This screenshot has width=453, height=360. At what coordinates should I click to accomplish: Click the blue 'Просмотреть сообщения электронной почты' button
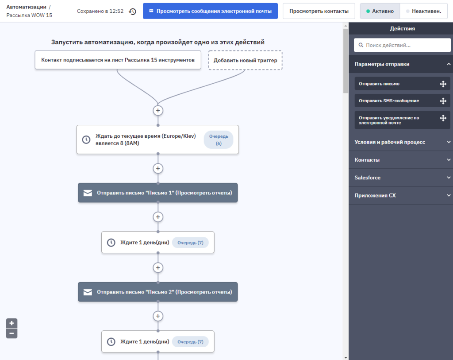(210, 11)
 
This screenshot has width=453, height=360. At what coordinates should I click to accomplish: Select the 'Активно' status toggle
(380, 11)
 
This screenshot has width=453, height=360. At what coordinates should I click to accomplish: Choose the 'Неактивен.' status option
(423, 11)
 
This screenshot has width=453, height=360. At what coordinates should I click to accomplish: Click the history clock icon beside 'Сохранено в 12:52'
(133, 11)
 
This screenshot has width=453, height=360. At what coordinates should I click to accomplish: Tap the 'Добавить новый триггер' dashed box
(245, 60)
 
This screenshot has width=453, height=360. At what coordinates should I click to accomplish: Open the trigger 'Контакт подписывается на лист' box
(118, 60)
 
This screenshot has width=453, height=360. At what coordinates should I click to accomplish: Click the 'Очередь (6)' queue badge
(219, 139)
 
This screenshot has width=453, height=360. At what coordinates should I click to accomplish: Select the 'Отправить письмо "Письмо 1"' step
(158, 193)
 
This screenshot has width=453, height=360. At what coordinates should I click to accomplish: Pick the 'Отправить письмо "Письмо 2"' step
(158, 292)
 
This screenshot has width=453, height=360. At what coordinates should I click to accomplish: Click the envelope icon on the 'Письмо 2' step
(88, 292)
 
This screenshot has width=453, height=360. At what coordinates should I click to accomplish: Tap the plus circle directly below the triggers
(158, 110)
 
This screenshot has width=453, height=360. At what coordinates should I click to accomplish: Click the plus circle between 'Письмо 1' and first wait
(158, 217)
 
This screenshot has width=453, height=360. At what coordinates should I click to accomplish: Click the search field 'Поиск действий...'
(403, 45)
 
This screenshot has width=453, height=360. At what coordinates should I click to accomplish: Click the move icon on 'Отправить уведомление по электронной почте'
(443, 118)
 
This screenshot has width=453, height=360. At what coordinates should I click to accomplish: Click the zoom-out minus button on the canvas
(12, 333)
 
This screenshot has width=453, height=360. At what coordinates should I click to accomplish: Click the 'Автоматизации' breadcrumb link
(26, 7)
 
